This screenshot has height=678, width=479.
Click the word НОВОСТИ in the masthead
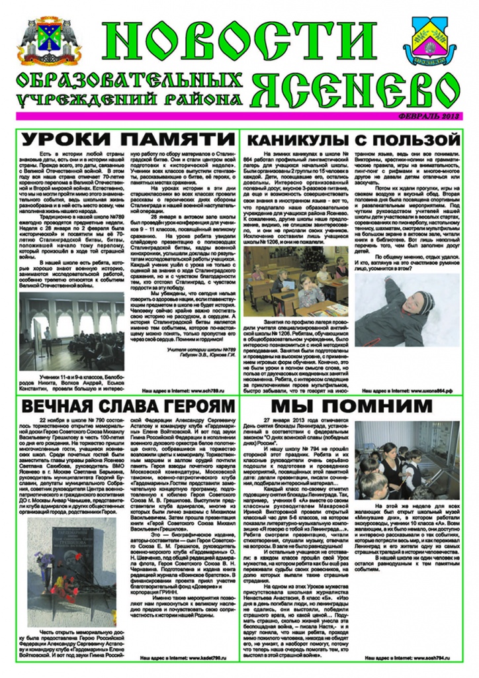coord(239,41)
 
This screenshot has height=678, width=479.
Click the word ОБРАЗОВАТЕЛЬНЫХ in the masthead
coord(129,82)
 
